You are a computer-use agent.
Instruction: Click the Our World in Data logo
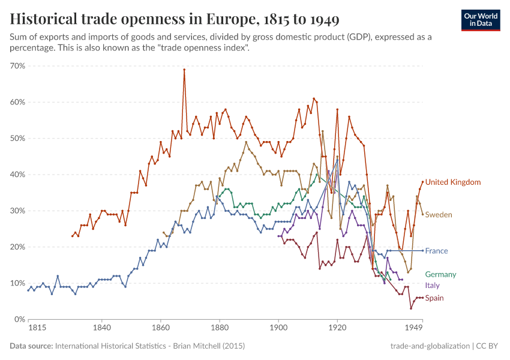pos(480,20)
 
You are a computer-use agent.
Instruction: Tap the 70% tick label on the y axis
pos(17,66)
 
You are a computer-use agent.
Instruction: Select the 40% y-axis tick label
pos(17,175)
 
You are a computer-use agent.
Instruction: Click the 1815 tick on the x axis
pos(28,329)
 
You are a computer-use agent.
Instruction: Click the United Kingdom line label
pos(452,182)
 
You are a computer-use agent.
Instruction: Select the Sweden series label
pos(439,215)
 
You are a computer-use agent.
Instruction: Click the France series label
pos(436,251)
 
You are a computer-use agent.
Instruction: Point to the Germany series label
pos(440,274)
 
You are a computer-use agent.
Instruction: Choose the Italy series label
pos(433,286)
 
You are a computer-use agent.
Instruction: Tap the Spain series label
pos(434,298)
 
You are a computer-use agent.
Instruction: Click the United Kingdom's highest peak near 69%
pos(184,70)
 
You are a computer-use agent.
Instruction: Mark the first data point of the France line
pos(28,290)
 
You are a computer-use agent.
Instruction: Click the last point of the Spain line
pos(422,298)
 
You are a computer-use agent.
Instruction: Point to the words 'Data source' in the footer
pos(31,346)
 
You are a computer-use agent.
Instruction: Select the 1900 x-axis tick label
pos(278,329)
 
